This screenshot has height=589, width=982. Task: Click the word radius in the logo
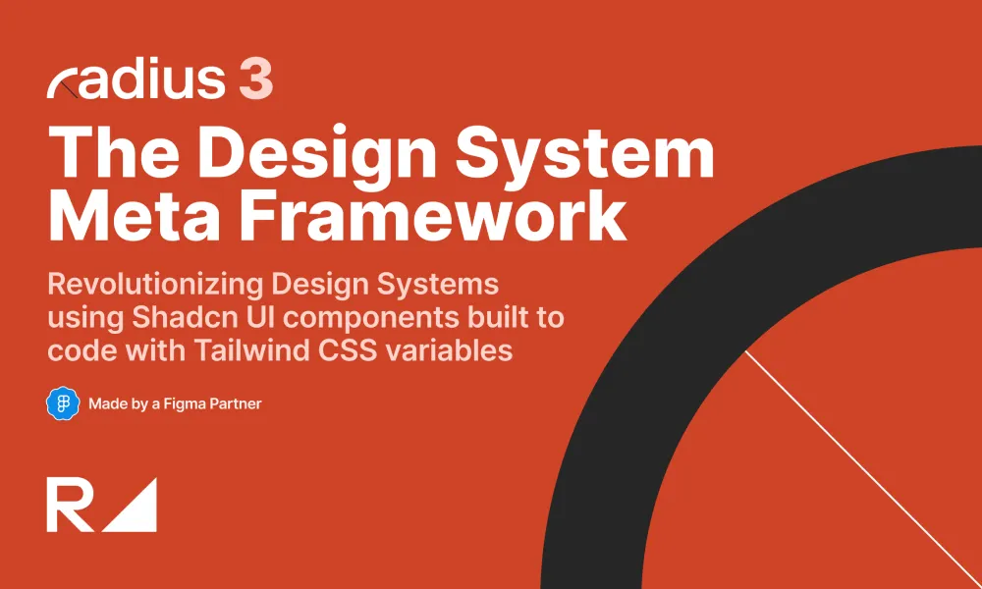(x=136, y=80)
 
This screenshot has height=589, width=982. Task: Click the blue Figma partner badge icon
(x=62, y=403)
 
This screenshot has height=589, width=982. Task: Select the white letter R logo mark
(x=69, y=506)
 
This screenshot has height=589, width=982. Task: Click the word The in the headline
(x=110, y=154)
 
